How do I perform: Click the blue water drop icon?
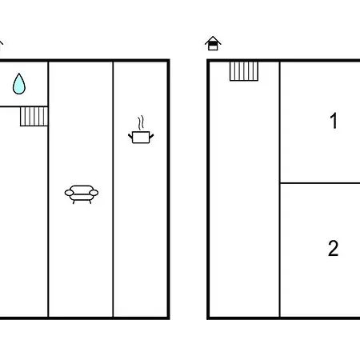(x=19, y=84)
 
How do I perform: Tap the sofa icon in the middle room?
(x=82, y=194)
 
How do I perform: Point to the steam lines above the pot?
(x=141, y=122)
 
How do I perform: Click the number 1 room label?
(x=334, y=121)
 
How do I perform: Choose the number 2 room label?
(x=334, y=248)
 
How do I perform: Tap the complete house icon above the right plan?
(x=213, y=43)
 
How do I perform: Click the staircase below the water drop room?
(x=34, y=116)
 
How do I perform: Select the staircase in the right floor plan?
(x=244, y=71)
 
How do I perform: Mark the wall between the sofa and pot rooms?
(x=113, y=190)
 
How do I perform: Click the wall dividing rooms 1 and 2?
(x=320, y=183)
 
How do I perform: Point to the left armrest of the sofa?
(x=69, y=193)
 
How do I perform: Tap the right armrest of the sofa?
(x=94, y=193)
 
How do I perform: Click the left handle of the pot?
(x=130, y=137)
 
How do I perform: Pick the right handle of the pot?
(x=151, y=137)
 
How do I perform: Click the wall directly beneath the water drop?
(x=24, y=106)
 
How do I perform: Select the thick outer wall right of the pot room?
(x=169, y=190)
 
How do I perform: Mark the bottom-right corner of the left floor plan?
(x=169, y=318)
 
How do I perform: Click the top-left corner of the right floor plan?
(x=208, y=61)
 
